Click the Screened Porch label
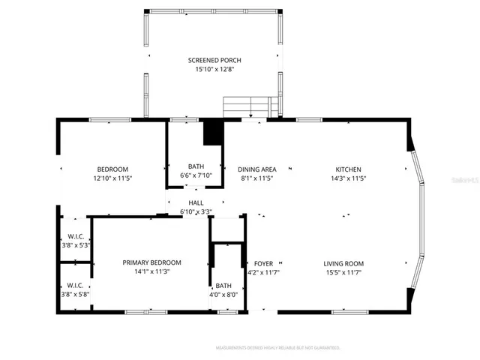coord(214,60)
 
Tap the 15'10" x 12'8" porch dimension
coord(214,70)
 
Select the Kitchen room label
coord(348,169)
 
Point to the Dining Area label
coord(257,169)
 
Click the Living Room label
coord(343,263)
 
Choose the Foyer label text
coord(263,263)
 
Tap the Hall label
coord(196,202)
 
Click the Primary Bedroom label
coord(151,262)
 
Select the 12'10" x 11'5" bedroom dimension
coord(112,178)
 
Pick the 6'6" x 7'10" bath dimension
coord(196,175)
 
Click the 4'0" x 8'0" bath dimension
coord(223,295)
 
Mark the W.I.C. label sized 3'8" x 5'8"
coord(74,285)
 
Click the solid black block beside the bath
coord(214,133)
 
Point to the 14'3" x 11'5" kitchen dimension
coord(348,178)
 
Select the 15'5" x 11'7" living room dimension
coord(343,272)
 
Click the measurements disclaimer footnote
coord(277,348)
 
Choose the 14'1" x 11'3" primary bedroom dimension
coord(151,271)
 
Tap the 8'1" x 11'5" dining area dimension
coord(257,178)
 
